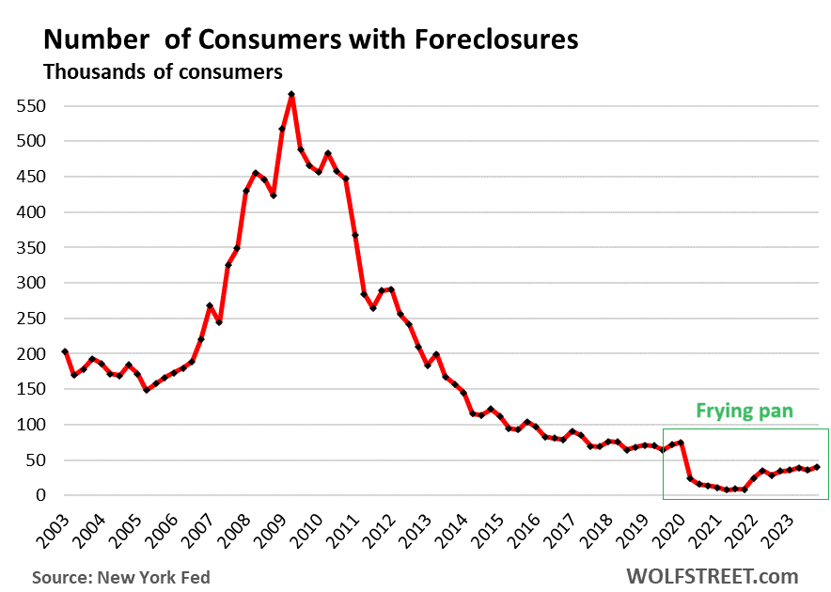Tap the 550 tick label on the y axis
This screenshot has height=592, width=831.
tap(31, 106)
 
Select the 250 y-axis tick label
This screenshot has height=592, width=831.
tap(31, 319)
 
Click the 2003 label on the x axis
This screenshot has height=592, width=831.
tap(55, 531)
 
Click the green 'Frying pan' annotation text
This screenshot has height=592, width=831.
tap(745, 411)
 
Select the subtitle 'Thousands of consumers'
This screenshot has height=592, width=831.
tap(164, 71)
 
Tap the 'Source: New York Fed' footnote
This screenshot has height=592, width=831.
tap(120, 577)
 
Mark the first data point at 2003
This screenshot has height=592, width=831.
tap(64, 351)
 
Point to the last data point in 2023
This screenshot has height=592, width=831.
tap(816, 467)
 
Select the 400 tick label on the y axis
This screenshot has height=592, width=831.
tap(31, 212)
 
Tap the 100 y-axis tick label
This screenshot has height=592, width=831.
tap(31, 425)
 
